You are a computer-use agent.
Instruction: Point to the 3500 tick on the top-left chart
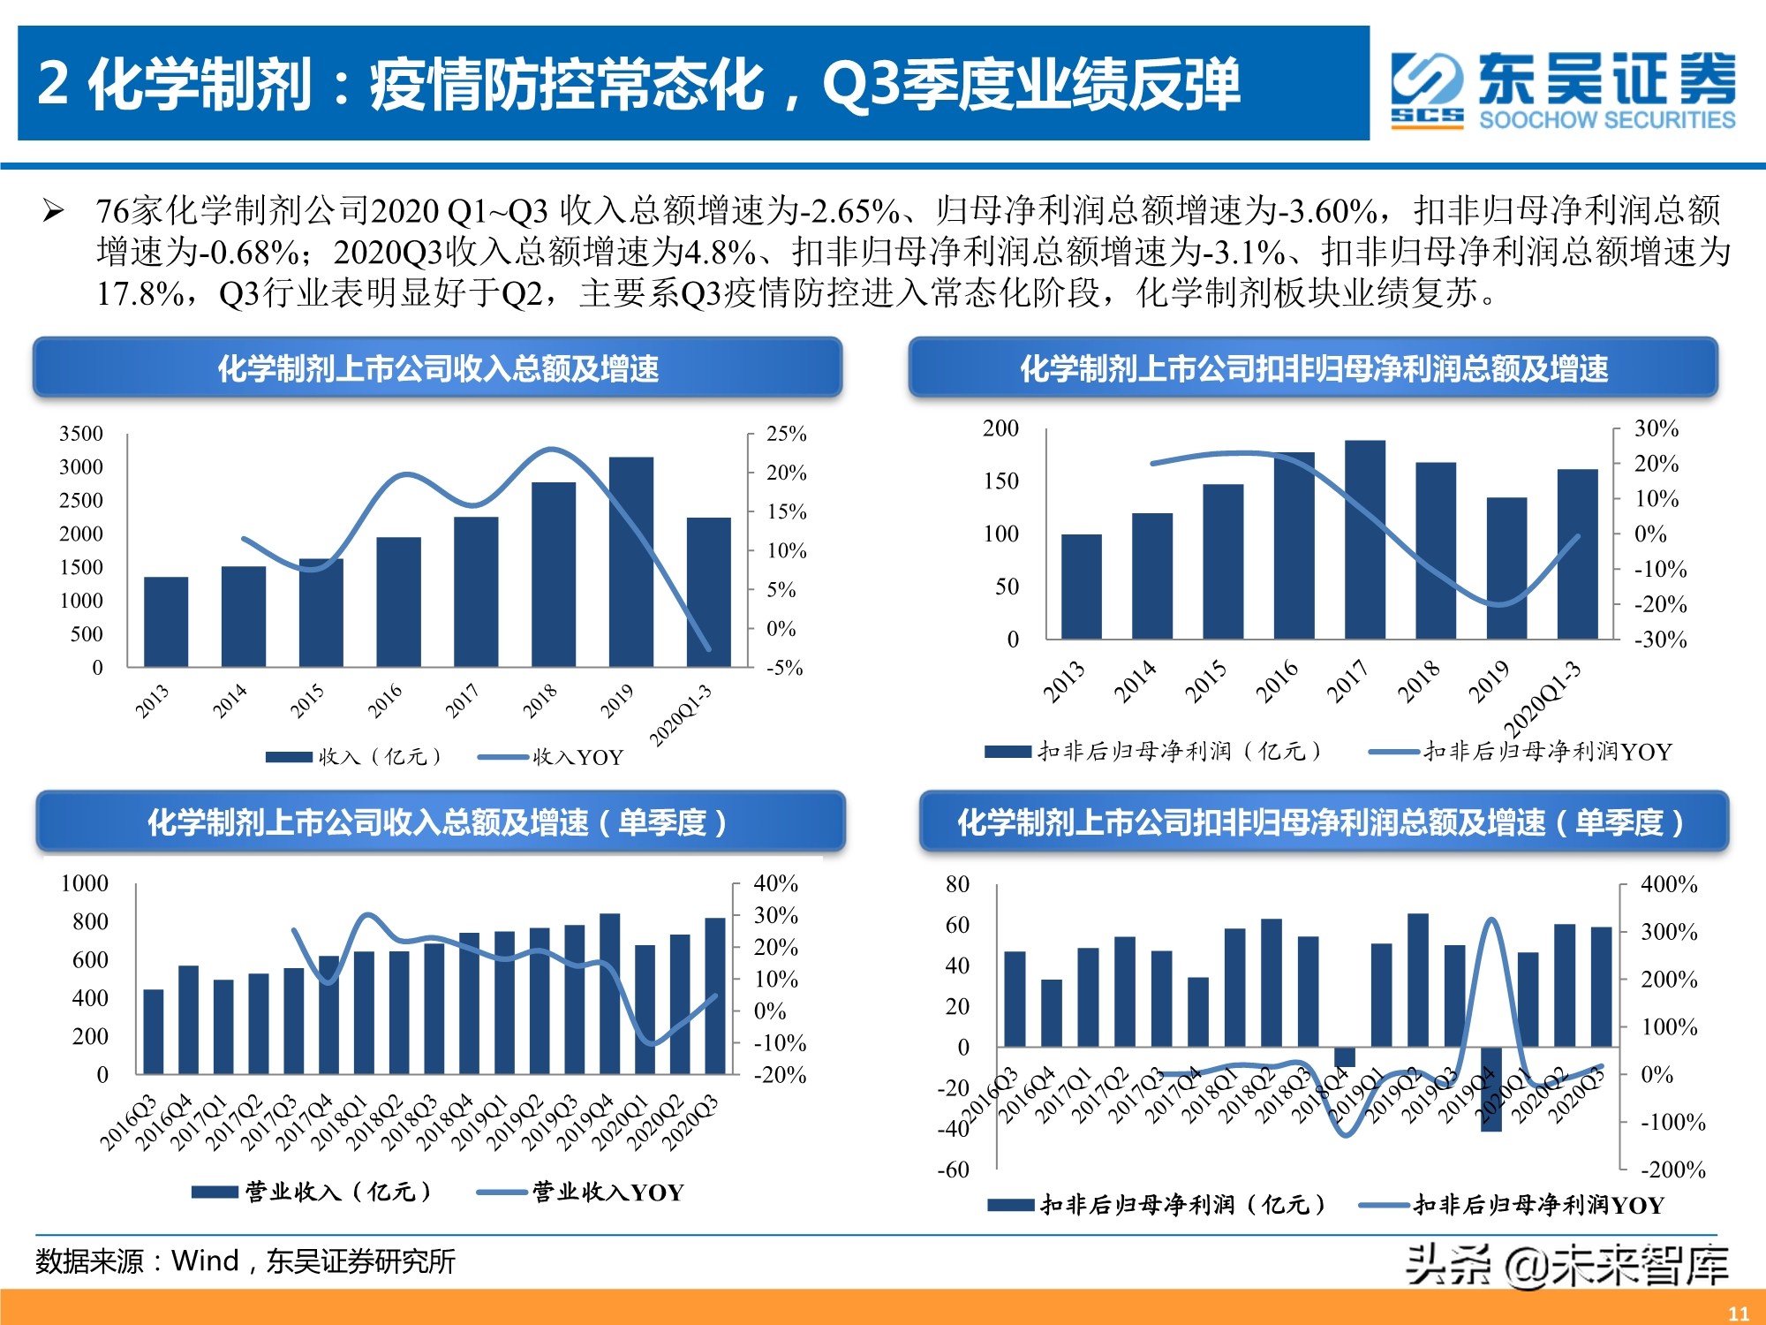click(81, 434)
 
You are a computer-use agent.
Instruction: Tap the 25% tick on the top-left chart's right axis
click(786, 434)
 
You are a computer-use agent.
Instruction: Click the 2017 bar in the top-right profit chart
click(1365, 539)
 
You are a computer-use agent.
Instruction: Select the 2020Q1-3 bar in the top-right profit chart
click(1577, 554)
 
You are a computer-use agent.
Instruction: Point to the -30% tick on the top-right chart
click(1660, 640)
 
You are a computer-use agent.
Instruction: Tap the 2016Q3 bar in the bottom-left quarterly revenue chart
click(154, 1031)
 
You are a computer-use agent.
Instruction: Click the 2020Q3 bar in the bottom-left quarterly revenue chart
click(715, 996)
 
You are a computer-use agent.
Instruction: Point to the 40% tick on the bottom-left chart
click(775, 883)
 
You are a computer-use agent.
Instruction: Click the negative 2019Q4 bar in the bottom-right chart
click(1491, 1089)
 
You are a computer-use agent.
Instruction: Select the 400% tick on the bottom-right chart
click(1669, 884)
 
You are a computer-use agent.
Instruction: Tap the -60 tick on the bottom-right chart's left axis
click(953, 1170)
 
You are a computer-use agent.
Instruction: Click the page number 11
click(1738, 1313)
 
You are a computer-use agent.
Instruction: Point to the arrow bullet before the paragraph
click(53, 211)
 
